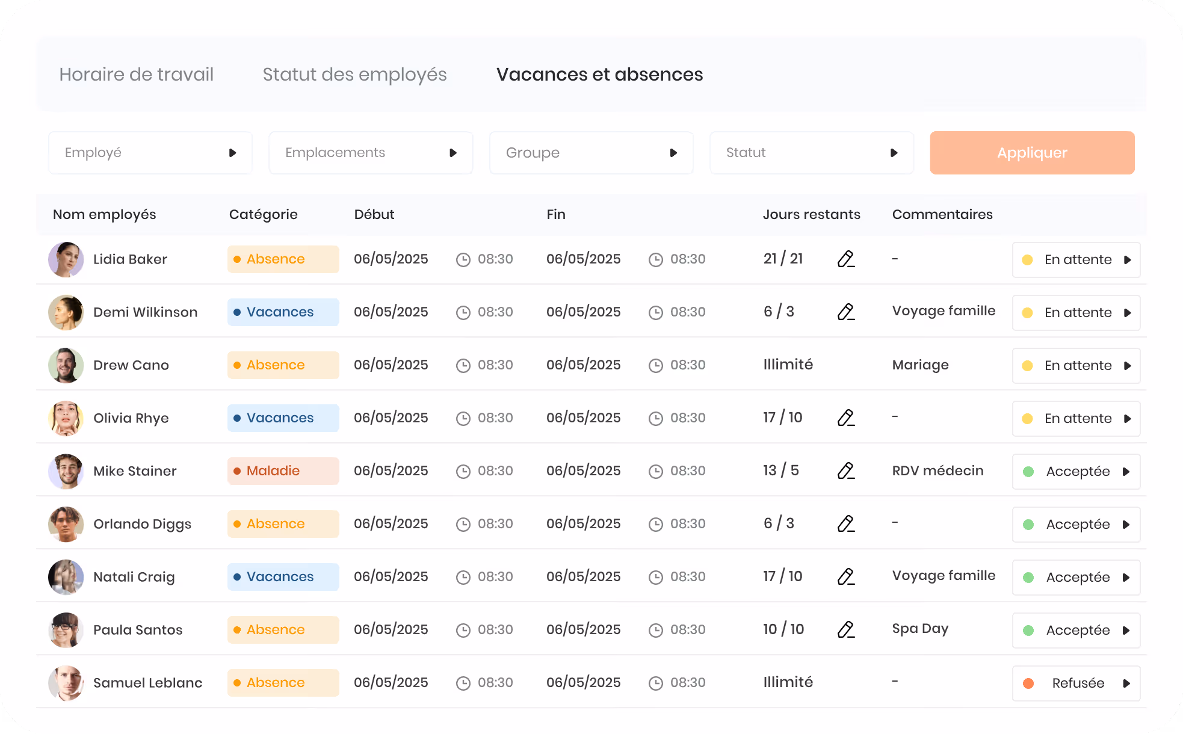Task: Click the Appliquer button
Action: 1032,153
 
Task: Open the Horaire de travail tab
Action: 137,74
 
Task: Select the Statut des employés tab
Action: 354,74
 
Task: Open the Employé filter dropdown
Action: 150,153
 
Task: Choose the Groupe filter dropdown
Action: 591,153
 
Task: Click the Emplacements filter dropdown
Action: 371,153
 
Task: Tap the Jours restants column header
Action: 811,214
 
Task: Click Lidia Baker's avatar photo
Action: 66,259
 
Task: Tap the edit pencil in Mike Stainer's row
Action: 846,470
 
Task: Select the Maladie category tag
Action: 283,471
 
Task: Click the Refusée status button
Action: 1076,683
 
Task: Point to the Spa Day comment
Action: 920,629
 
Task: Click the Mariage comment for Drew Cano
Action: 920,365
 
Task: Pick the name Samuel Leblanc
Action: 147,683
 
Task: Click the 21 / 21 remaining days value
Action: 783,259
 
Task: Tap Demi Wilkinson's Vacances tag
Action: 283,312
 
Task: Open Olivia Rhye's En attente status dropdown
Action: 1076,419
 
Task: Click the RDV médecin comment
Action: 937,470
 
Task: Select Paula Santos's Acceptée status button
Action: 1076,631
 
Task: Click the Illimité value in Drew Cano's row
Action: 788,365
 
